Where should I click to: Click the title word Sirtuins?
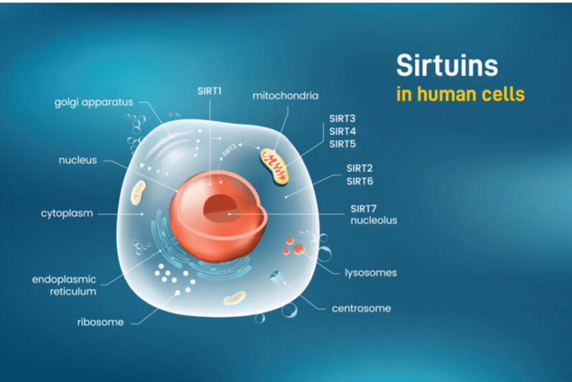tap(446, 66)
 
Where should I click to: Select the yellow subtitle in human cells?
tap(460, 93)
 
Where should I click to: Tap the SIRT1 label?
tap(209, 90)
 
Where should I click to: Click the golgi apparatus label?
tap(94, 102)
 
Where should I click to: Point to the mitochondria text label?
tap(285, 96)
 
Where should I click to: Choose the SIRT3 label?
tap(342, 119)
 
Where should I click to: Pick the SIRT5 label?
tap(342, 144)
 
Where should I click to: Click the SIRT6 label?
tap(359, 181)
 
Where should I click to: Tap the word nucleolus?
tap(373, 220)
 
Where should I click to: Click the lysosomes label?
tap(370, 273)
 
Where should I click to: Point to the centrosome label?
tap(361, 308)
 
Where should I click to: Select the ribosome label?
tap(101, 322)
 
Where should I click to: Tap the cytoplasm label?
tap(66, 213)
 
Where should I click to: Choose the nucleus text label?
tap(78, 161)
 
